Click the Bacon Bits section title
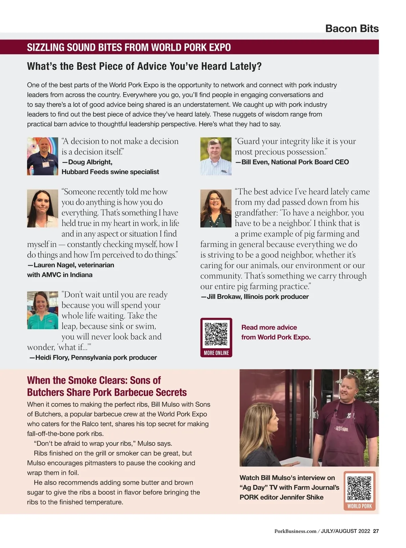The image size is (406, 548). [352, 28]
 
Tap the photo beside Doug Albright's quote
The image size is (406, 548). [43, 156]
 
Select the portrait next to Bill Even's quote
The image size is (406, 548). [216, 156]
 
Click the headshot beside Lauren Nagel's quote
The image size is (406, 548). [43, 208]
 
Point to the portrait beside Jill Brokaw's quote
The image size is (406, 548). [216, 208]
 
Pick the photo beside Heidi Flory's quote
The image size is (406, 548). [43, 310]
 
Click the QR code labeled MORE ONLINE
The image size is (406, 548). [216, 334]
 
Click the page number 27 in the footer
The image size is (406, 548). [376, 531]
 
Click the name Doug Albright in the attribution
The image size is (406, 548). [89, 162]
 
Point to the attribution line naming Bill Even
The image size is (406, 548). [292, 162]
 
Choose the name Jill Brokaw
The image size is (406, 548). [224, 297]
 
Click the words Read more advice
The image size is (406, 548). [269, 327]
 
